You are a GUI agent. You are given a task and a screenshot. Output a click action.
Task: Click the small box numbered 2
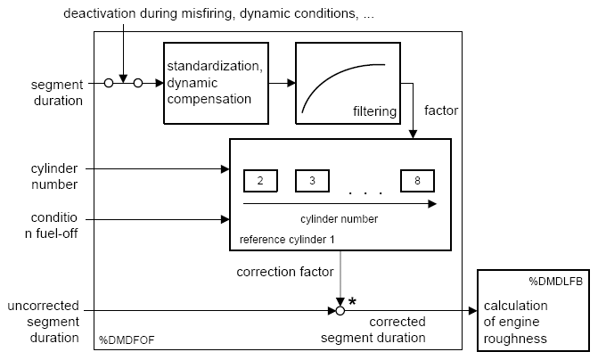click(260, 181)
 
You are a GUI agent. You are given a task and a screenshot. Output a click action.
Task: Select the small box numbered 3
click(312, 181)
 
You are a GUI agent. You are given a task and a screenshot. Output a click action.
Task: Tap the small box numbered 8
click(417, 181)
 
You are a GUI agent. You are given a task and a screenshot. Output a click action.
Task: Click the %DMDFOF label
click(127, 340)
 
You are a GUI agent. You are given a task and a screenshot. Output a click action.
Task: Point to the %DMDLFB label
click(555, 282)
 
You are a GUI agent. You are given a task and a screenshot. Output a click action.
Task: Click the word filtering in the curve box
click(374, 111)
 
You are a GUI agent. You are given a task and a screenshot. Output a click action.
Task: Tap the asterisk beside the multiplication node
click(352, 302)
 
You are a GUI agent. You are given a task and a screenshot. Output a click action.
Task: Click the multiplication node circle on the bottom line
click(340, 311)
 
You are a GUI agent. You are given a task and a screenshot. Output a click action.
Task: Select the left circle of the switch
click(109, 83)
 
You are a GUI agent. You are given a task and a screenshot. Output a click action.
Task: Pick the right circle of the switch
click(138, 83)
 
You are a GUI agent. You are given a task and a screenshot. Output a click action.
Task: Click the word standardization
click(215, 66)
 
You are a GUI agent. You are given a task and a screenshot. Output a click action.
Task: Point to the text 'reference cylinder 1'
click(287, 240)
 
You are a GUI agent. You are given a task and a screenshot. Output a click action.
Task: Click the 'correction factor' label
click(285, 272)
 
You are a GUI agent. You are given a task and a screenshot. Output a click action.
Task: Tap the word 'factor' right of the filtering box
click(441, 110)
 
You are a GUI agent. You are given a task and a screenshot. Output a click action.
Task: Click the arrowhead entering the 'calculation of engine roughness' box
click(473, 311)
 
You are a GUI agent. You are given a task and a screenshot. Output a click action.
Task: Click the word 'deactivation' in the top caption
click(100, 13)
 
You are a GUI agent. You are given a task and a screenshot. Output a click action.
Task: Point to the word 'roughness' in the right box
click(515, 339)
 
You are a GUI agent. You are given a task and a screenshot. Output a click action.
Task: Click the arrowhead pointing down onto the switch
click(123, 78)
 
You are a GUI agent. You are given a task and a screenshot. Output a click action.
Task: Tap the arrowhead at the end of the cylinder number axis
click(432, 204)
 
